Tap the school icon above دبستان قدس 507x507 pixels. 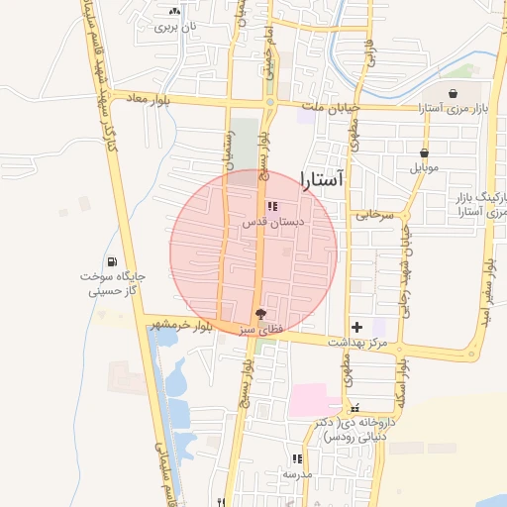click(x=272, y=206)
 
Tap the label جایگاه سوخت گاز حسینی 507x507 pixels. click(x=112, y=284)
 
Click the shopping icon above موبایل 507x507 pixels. click(x=425, y=153)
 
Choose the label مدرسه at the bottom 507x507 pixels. click(x=297, y=474)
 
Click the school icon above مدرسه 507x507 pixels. click(x=297, y=458)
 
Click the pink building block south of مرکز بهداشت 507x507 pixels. click(x=314, y=401)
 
